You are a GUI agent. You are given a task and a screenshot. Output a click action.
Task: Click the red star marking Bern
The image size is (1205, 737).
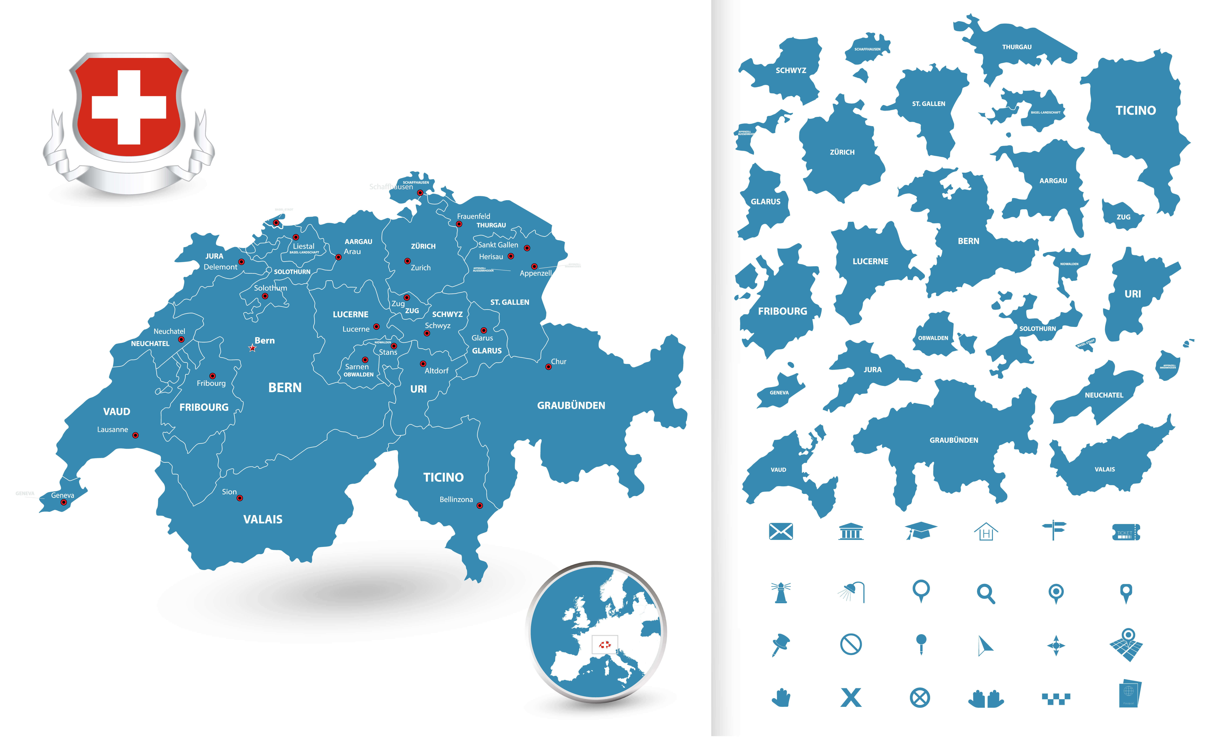tap(252, 348)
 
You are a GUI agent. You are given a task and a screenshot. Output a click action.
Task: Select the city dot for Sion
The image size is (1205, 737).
tap(240, 498)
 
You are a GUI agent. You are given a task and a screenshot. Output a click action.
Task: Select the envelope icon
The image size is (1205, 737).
tap(780, 531)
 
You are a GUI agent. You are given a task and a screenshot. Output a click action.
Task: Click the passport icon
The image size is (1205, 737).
tap(1128, 693)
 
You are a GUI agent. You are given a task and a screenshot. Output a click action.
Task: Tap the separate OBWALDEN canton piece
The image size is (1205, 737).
tap(933, 335)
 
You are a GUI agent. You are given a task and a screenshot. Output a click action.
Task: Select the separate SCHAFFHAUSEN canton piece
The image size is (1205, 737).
tap(867, 49)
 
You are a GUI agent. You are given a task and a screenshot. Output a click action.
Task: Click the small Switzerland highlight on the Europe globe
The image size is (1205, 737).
tap(605, 645)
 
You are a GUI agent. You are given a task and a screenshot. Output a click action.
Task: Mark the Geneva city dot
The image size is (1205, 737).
tap(64, 502)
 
